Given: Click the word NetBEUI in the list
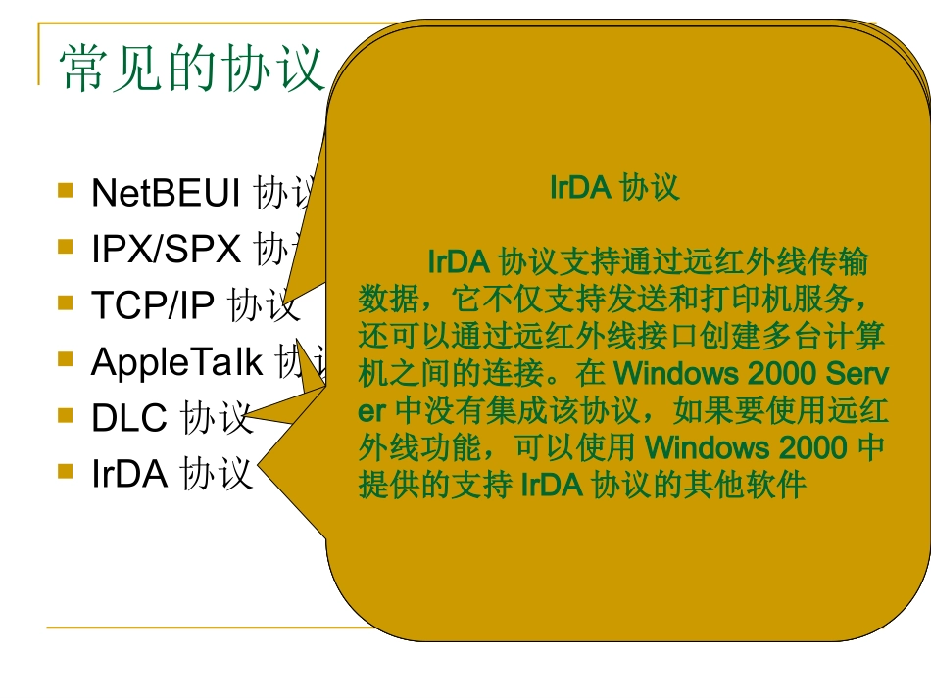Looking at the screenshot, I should pos(165,193).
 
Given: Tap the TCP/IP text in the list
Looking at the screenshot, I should pos(152,305).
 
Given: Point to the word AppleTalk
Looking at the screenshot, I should pos(176,362).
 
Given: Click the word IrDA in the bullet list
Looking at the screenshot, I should pos(129,475).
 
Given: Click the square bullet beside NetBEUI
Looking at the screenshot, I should pos(66,190).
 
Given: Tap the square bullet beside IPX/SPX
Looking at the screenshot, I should pos(66,247).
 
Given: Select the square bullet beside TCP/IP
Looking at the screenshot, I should pos(66,302).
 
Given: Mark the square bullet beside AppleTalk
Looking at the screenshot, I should pos(66,359).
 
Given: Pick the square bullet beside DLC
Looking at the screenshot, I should pos(66,415).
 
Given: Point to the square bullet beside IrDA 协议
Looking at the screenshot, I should pos(66,472).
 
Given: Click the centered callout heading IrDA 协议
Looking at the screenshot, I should pos(614,187).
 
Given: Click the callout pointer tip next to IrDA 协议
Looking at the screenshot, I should pos(261,477).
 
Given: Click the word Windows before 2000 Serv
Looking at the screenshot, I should pos(675,373).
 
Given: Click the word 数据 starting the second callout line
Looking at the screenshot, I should pos(382,299).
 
